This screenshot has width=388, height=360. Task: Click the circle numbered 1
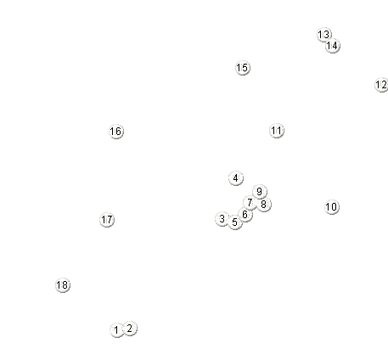(x=116, y=330)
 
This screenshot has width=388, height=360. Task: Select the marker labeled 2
(x=130, y=329)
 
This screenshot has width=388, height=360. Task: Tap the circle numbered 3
(x=222, y=219)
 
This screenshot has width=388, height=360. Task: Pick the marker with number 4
(x=236, y=178)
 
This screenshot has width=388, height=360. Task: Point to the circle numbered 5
(x=235, y=222)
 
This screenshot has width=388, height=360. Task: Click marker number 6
(x=245, y=215)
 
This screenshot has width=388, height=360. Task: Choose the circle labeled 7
(x=250, y=203)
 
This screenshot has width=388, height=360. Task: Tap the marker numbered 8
(x=264, y=205)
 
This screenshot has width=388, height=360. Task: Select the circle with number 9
(x=259, y=192)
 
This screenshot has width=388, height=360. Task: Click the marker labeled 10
(x=332, y=207)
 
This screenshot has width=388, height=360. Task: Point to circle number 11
(x=277, y=131)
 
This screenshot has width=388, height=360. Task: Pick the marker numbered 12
(x=381, y=85)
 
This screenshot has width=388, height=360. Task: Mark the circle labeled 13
(x=324, y=35)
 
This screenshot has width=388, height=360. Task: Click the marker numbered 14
(x=333, y=46)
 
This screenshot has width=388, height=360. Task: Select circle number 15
(x=243, y=68)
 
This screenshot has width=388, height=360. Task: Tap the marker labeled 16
(x=116, y=132)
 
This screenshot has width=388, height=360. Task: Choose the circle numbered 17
(x=107, y=220)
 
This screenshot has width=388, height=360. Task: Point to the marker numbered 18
(x=63, y=285)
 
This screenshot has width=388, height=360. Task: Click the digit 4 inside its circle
(x=236, y=178)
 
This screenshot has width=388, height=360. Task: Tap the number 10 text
(x=332, y=207)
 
